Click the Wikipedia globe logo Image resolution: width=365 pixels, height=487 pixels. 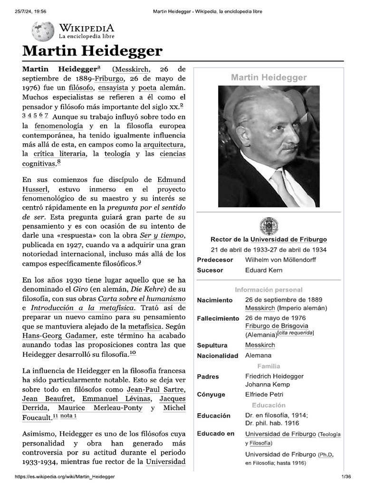pos(43,31)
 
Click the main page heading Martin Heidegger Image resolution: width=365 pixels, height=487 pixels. pos(93,51)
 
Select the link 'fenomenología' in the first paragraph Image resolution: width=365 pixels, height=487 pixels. pos(59,126)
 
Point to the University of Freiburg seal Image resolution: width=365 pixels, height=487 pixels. pos(269,226)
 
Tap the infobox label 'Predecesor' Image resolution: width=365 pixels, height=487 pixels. pos(215,260)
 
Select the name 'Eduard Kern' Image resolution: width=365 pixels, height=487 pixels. pos(264,270)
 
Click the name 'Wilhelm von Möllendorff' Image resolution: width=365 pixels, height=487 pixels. pos(280,260)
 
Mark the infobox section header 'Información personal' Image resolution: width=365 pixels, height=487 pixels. pos(269,290)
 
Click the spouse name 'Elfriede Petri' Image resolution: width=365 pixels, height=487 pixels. pos(264,394)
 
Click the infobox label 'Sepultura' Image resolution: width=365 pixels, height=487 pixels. pos(212,345)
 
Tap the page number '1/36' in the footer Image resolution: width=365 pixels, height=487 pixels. pos(346,477)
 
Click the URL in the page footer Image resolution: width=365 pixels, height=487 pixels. pos(65,477)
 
